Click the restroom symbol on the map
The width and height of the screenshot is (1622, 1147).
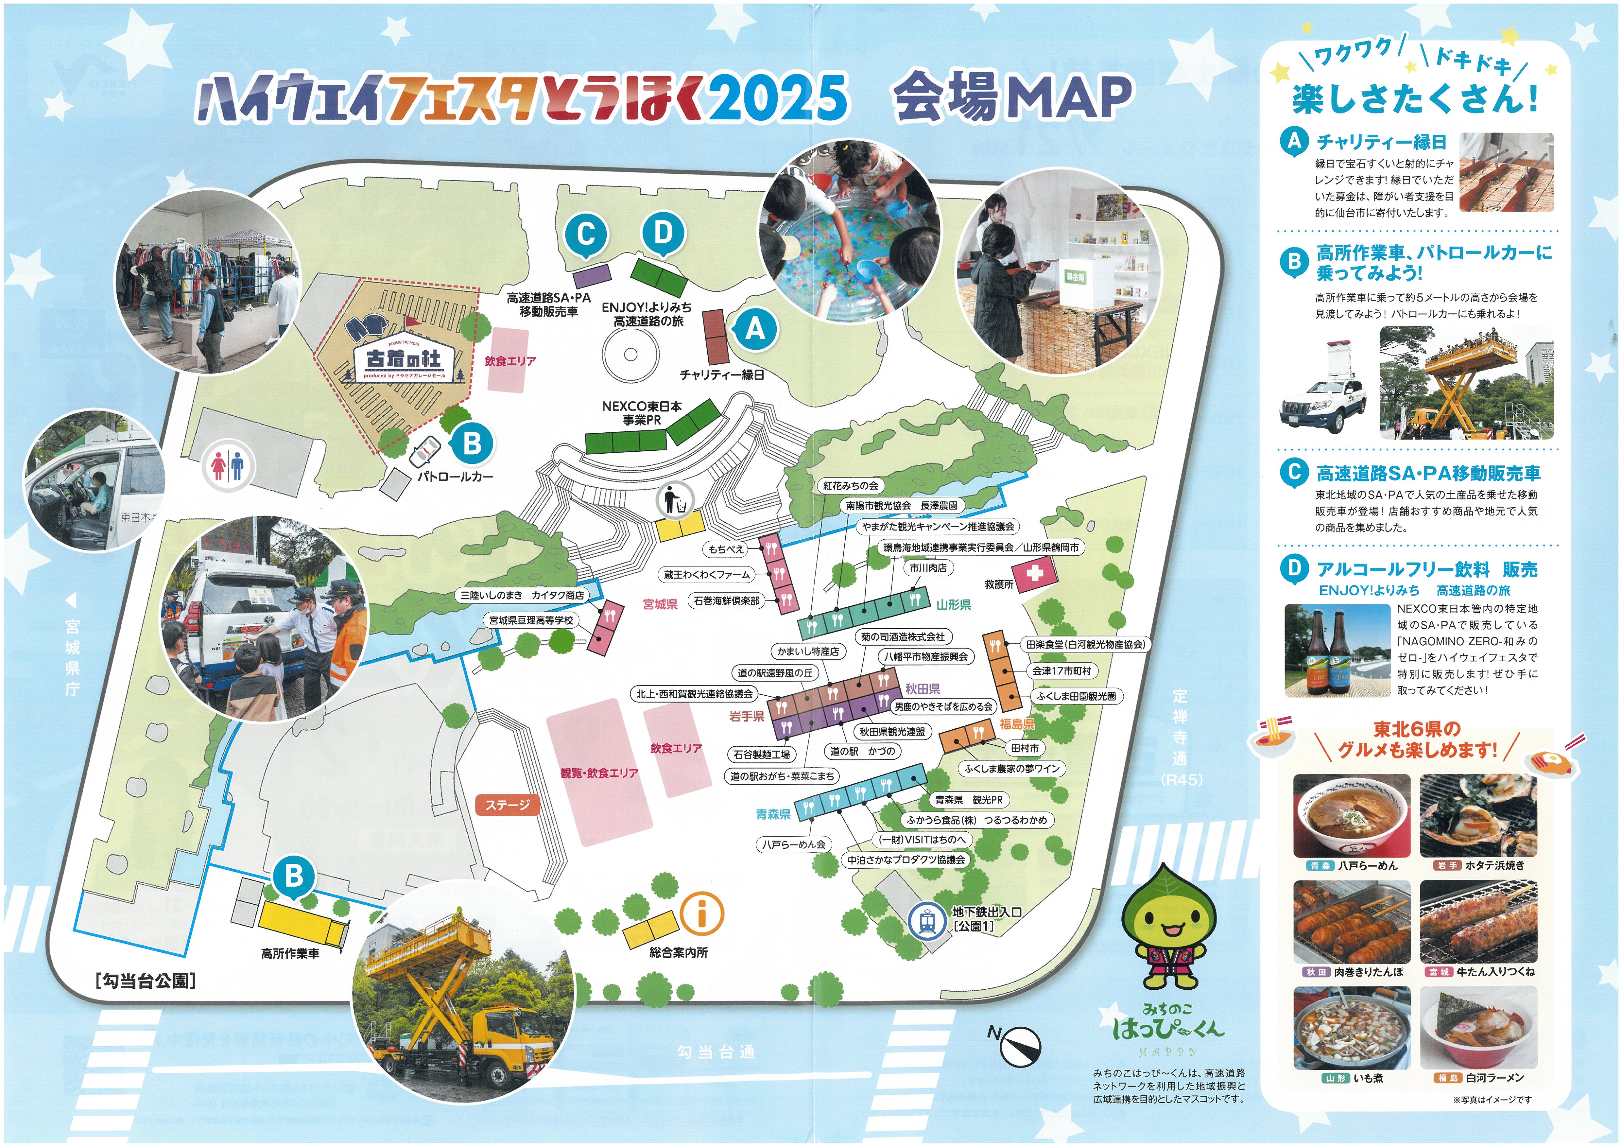point(228,466)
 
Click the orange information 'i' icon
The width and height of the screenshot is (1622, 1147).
point(701,912)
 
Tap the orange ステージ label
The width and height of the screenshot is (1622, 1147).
point(507,805)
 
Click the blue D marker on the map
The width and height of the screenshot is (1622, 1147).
point(663,232)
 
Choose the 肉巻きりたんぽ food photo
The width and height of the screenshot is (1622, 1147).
point(1352,922)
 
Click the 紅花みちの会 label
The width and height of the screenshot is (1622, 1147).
point(850,485)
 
